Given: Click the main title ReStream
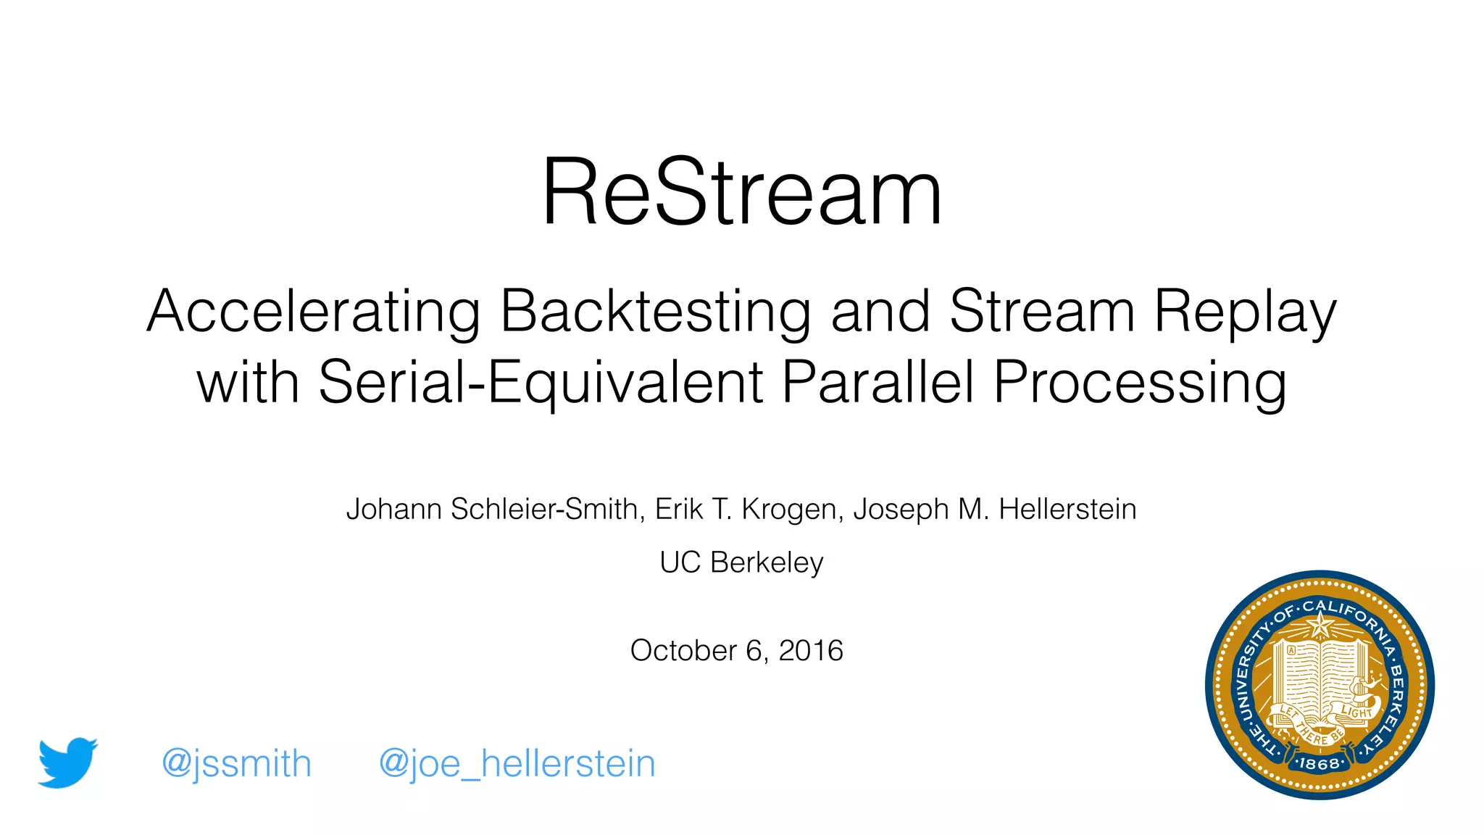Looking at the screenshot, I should tap(741, 193).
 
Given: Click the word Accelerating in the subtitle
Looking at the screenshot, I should tap(313, 312).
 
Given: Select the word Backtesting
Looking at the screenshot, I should tap(655, 312).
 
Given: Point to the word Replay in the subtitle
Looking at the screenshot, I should tap(1244, 312).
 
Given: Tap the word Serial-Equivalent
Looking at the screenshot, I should tap(541, 382).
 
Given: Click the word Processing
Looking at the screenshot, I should tap(1140, 382).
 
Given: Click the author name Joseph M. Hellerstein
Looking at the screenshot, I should tap(995, 509).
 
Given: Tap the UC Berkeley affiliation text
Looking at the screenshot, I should tap(741, 562).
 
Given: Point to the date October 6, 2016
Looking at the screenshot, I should tap(736, 650).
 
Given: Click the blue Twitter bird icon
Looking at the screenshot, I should tap(67, 763).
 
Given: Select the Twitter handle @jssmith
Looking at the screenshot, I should tap(236, 764).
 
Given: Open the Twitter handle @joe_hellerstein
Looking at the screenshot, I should tap(517, 764).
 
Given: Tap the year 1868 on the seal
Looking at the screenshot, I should tap(1319, 763).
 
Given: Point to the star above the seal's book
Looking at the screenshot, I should tap(1321, 624).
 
